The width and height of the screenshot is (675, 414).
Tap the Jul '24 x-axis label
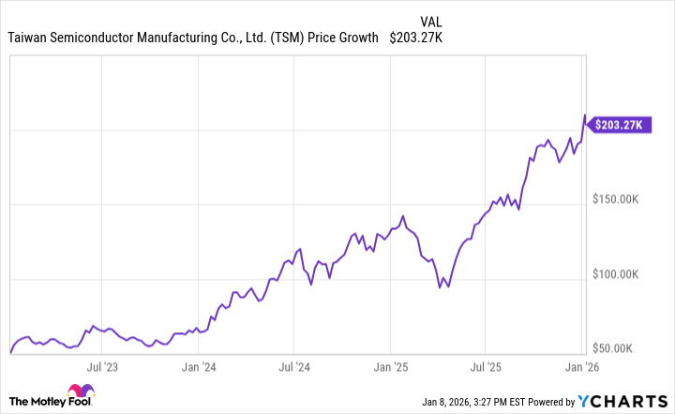click(293, 366)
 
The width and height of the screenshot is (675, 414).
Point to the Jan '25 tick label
click(391, 366)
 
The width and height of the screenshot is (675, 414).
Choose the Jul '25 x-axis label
click(486, 366)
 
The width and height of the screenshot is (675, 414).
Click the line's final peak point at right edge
click(585, 115)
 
